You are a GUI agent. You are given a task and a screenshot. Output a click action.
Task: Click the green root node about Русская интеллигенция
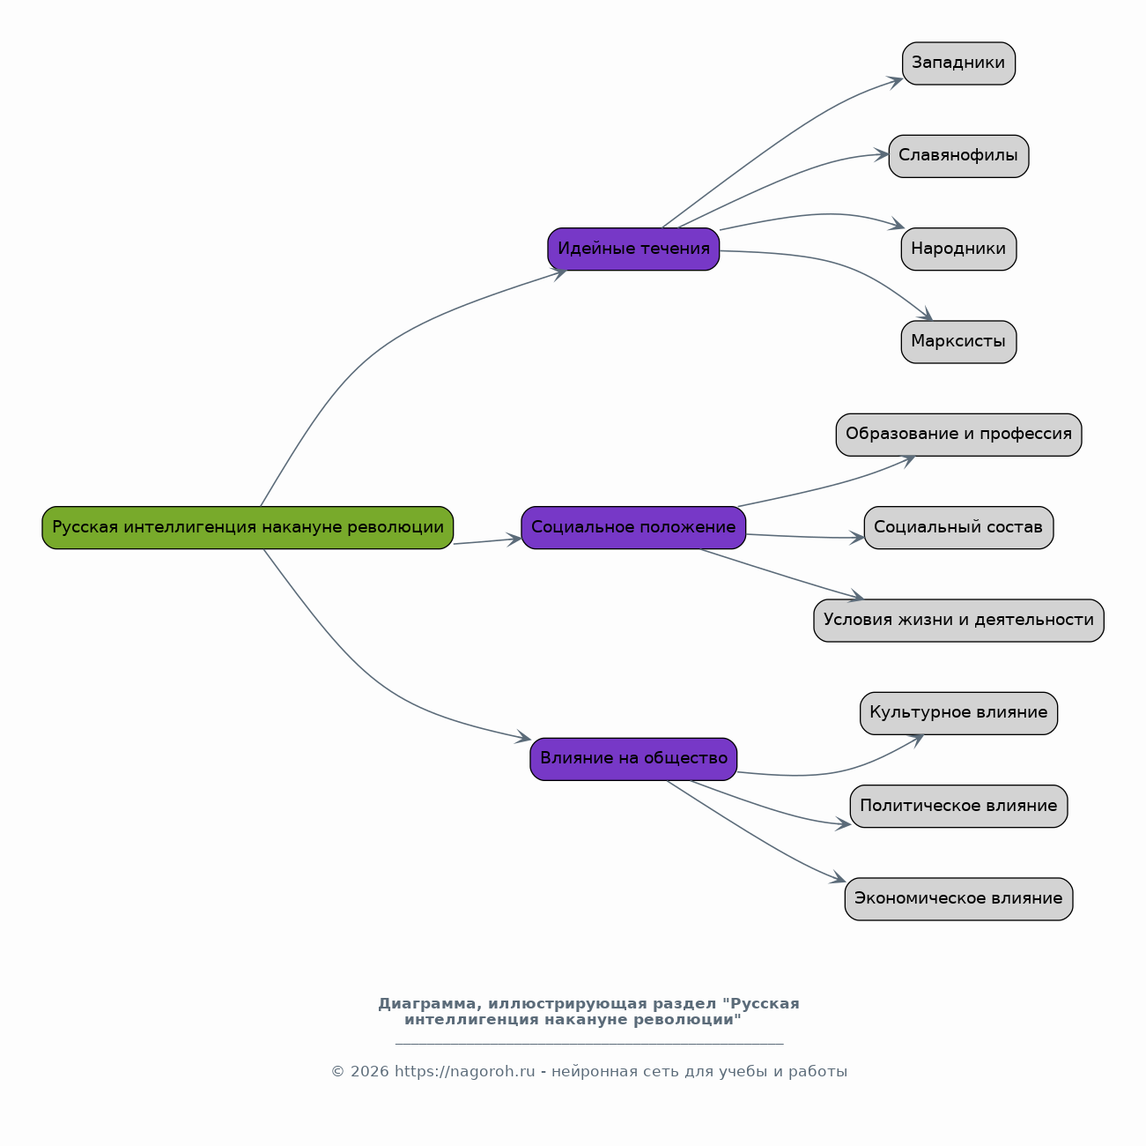[248, 527]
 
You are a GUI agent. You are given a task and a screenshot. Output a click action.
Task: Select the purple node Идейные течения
[633, 249]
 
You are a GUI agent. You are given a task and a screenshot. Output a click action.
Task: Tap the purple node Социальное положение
[633, 527]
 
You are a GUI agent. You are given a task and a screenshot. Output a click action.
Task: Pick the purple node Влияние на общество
[633, 759]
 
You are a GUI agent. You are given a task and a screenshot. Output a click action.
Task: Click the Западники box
[958, 63]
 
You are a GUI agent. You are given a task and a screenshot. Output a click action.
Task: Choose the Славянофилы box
[958, 156]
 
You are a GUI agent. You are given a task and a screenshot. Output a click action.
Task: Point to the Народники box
[958, 249]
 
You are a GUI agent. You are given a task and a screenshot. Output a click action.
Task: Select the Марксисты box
[958, 342]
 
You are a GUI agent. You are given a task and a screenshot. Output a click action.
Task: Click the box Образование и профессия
[958, 435]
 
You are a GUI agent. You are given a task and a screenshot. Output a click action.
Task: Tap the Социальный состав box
[958, 527]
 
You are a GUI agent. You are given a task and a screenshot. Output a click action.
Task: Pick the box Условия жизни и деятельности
[958, 621]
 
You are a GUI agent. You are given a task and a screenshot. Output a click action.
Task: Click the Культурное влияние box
[958, 713]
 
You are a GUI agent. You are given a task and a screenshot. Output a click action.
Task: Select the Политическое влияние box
[958, 806]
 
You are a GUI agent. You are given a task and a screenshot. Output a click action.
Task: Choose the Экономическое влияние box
[958, 899]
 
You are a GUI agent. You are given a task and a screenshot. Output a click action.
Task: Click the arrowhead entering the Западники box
[896, 82]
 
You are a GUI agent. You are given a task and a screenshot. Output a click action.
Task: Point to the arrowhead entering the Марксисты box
[925, 315]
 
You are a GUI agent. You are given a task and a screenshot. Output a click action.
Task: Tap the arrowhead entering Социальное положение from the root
[514, 540]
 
